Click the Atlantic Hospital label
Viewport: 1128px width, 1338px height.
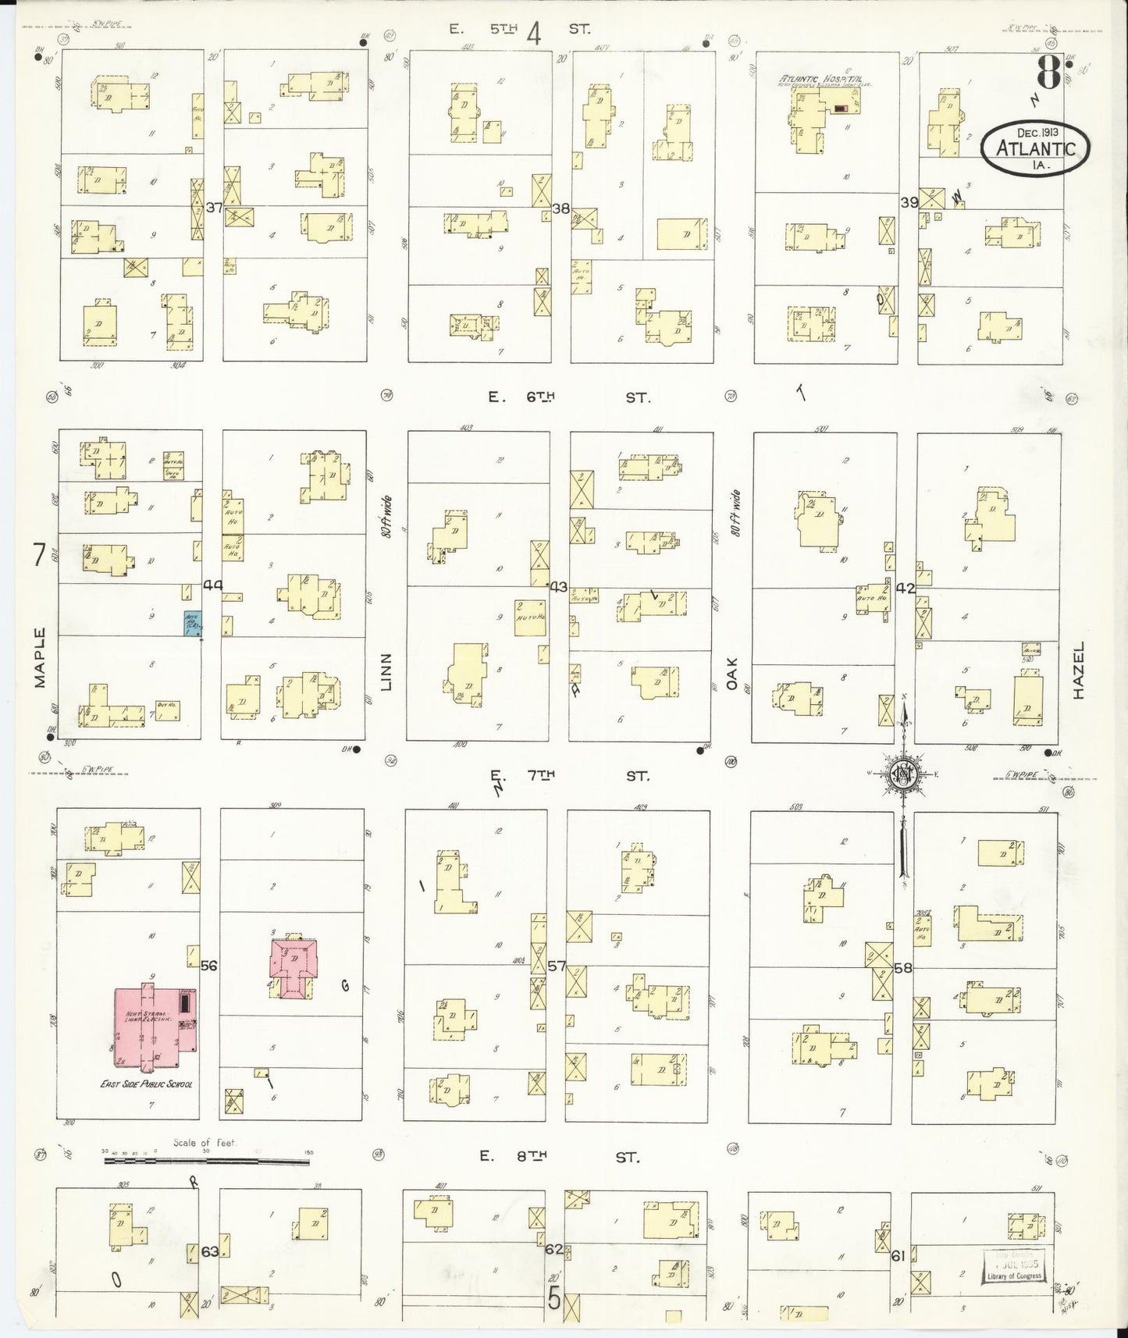point(825,79)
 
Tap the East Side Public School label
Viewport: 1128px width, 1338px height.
point(147,1084)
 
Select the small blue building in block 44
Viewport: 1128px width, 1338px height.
point(192,624)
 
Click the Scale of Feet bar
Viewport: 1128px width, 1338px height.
point(207,1161)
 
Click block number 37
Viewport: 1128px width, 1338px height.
point(214,208)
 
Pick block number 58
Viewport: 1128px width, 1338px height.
point(903,968)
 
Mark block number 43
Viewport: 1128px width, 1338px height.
point(558,586)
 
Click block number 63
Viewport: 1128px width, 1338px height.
point(210,1251)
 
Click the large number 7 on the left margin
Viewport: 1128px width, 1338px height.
point(38,554)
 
